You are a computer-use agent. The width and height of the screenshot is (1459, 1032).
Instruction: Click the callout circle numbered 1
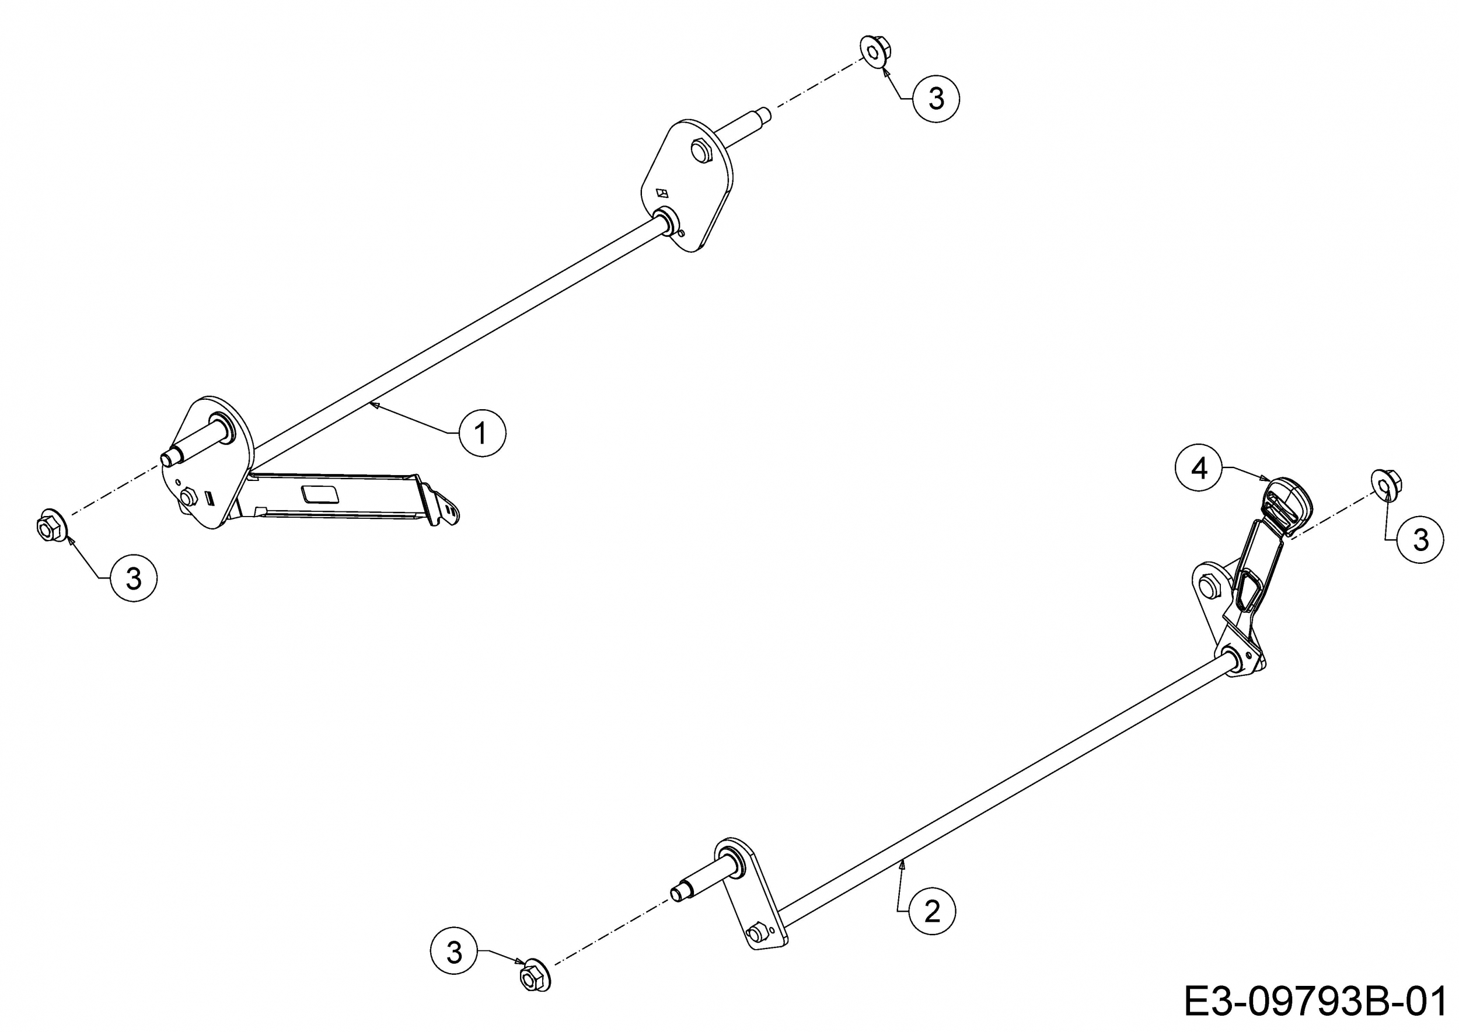[x=482, y=433]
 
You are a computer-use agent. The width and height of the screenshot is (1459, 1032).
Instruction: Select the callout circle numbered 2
[x=932, y=912]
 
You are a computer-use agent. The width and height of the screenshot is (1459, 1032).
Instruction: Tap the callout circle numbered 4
[x=1199, y=468]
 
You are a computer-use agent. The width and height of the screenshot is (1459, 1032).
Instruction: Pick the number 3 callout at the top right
[x=936, y=99]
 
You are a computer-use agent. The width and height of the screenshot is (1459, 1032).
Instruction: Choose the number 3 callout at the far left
[x=134, y=578]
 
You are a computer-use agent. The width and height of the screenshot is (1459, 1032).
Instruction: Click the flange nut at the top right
[x=875, y=50]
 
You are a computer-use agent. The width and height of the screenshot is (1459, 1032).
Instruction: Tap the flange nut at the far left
[x=51, y=525]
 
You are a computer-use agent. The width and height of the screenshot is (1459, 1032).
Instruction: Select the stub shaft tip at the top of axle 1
[x=765, y=115]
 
